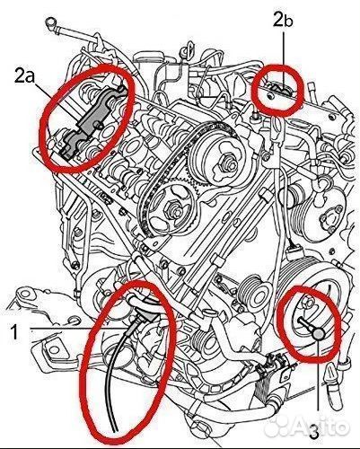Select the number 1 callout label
[14, 333]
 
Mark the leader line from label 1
[72, 330]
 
